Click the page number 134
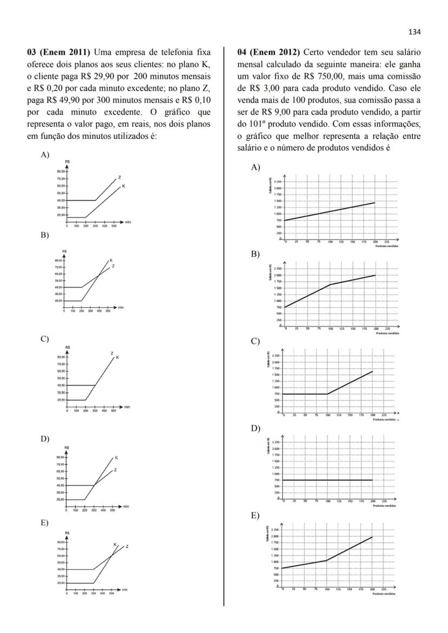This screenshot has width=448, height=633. coord(414,32)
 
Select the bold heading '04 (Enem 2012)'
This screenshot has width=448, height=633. coord(268,52)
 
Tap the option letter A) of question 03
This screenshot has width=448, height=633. coord(45,155)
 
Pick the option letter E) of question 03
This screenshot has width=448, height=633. coord(45,523)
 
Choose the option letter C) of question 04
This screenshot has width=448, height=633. coord(255,342)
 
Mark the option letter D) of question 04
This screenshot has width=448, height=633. coord(255,429)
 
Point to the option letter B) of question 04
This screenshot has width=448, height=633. coord(255,254)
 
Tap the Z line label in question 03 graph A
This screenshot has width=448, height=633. coord(119,177)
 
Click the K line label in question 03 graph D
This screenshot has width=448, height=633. coord(116,458)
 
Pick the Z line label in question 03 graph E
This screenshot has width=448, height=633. coord(127,547)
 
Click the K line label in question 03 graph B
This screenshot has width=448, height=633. coord(111,260)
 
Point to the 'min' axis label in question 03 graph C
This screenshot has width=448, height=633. coord(127,407)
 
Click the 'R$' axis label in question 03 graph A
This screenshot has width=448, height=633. coord(67,162)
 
